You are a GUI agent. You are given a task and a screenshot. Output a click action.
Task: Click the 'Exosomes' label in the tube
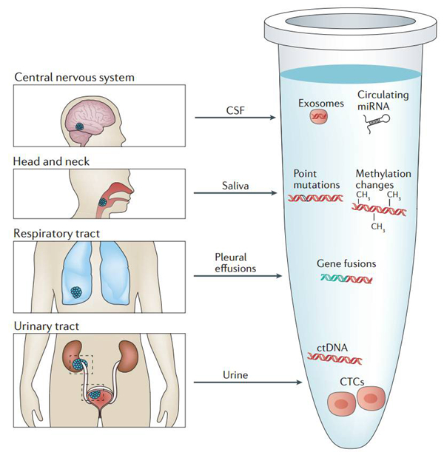321,104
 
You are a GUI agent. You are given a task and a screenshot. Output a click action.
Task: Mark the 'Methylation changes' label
383,179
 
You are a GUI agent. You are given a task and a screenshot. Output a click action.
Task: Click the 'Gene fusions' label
346,263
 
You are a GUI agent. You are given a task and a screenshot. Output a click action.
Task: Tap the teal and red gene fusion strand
346,279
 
